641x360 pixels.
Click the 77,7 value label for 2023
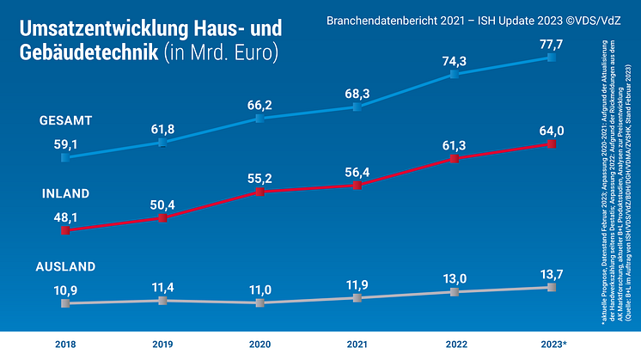pyautogui.click(x=551, y=43)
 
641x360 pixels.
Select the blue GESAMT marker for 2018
pyautogui.click(x=64, y=157)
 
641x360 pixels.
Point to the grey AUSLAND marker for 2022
pyautogui.click(x=454, y=293)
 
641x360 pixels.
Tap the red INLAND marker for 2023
pyautogui.click(x=551, y=144)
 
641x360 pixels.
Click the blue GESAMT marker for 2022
pyautogui.click(x=454, y=75)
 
